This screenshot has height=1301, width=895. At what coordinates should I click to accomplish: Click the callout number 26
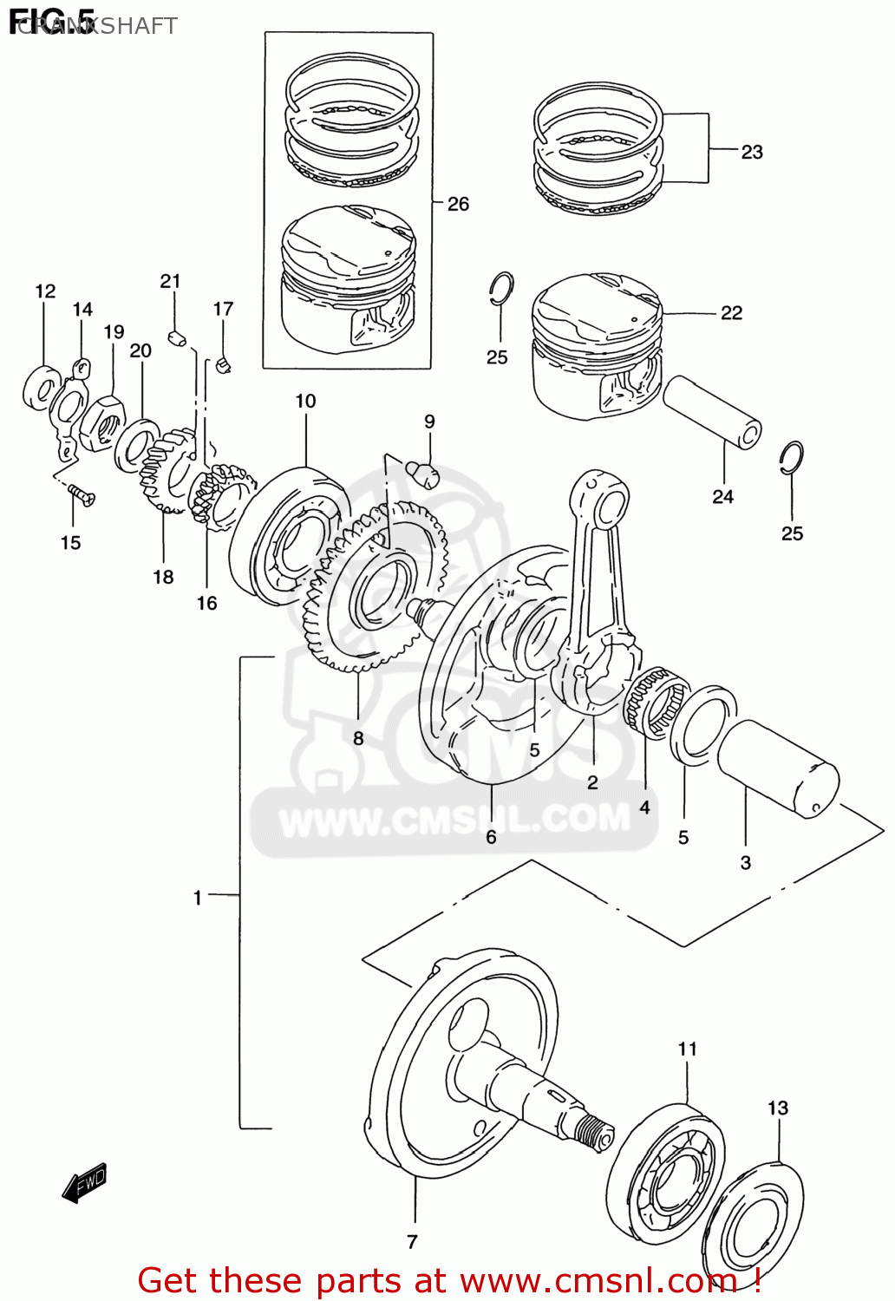pyautogui.click(x=458, y=204)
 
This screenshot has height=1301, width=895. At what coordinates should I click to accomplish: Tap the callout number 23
pyautogui.click(x=751, y=152)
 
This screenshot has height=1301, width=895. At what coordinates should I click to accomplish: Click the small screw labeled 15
pyautogui.click(x=82, y=496)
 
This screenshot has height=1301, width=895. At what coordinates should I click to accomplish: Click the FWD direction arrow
pyautogui.click(x=84, y=1183)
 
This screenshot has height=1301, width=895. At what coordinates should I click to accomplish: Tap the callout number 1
pyautogui.click(x=198, y=898)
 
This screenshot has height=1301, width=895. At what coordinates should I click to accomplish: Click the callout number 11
pyautogui.click(x=687, y=1049)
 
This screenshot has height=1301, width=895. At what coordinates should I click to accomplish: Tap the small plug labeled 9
pyautogui.click(x=423, y=473)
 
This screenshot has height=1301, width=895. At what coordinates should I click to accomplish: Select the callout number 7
pyautogui.click(x=412, y=1241)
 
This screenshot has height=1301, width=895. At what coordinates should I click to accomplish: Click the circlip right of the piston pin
pyautogui.click(x=790, y=458)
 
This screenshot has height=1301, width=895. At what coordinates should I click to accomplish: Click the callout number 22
pyautogui.click(x=731, y=313)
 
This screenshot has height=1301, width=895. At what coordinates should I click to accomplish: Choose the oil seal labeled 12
pyautogui.click(x=41, y=387)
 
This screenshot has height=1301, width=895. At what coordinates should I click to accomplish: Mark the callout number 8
pyautogui.click(x=358, y=738)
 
